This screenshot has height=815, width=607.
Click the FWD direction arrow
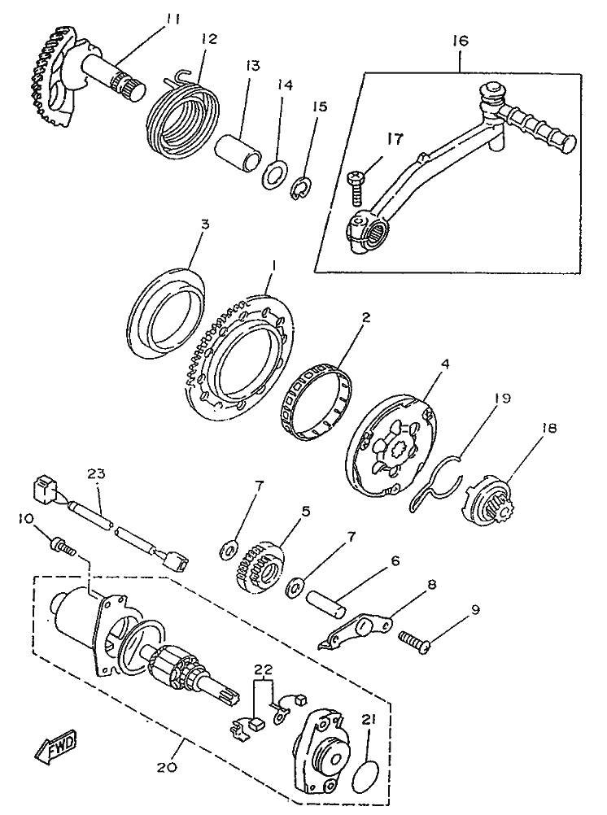(x=55, y=747)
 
